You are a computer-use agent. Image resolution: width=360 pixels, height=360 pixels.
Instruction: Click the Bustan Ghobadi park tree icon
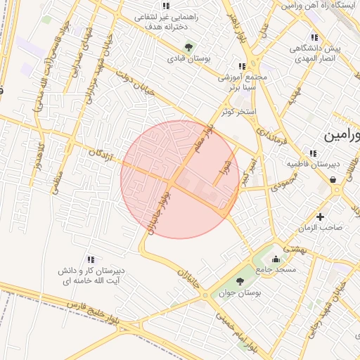click(x=188, y=47)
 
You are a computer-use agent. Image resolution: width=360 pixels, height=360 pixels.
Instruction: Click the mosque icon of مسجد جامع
click(x=274, y=259)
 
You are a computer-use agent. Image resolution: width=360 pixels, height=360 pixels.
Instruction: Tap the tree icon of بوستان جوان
click(x=240, y=281)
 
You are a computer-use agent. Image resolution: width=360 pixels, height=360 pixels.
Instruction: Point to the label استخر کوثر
click(x=238, y=112)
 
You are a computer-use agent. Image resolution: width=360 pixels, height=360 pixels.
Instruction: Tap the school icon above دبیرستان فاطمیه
click(x=312, y=153)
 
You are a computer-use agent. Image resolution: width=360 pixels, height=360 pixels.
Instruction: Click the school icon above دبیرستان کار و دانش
click(x=89, y=259)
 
